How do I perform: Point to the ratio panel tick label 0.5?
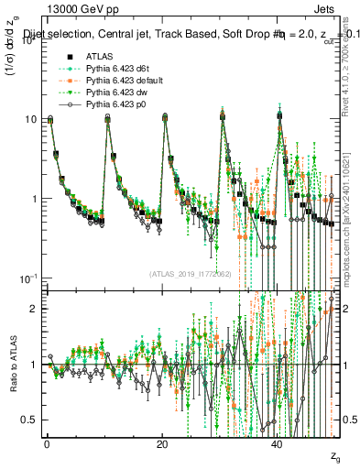click(x=30, y=420)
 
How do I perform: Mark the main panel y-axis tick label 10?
click(x=27, y=119)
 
